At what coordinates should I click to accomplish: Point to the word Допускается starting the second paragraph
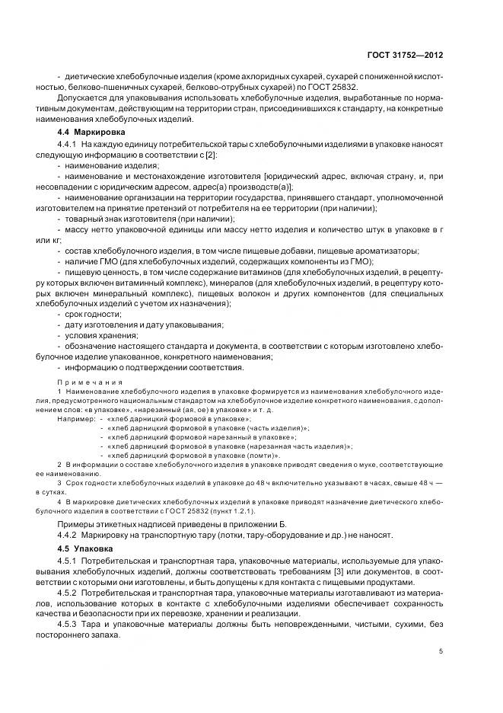tap(84, 99)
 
